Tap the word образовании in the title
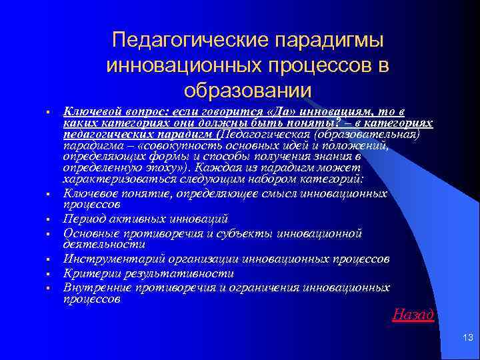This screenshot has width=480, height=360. click(x=247, y=90)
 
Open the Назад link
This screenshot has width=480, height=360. click(x=413, y=314)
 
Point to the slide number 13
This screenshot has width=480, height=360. click(x=466, y=341)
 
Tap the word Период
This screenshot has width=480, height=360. click(x=82, y=219)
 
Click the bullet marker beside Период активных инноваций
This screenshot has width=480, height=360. click(x=49, y=219)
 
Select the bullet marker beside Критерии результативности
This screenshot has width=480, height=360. click(x=49, y=274)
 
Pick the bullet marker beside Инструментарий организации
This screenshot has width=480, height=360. click(x=49, y=259)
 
